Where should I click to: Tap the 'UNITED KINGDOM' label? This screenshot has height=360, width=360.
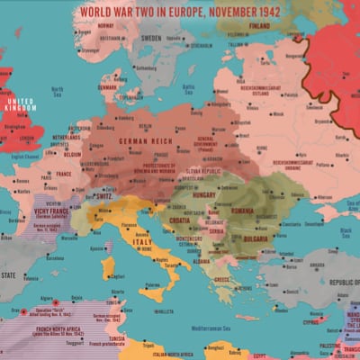point(21,105)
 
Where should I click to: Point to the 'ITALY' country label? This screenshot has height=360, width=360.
point(142,242)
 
